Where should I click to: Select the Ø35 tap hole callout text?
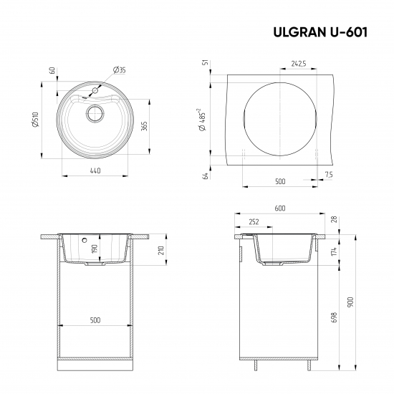(x=120, y=69)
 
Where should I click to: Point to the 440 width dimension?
(x=95, y=170)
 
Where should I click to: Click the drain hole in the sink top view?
(x=95, y=113)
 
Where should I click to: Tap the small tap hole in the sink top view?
(x=93, y=92)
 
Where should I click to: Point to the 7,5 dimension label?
(x=328, y=175)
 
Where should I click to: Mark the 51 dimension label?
(x=205, y=64)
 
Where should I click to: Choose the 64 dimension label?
(x=205, y=176)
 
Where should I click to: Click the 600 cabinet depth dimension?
(x=280, y=208)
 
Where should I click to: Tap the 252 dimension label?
(x=253, y=222)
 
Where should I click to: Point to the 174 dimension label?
(x=333, y=252)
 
